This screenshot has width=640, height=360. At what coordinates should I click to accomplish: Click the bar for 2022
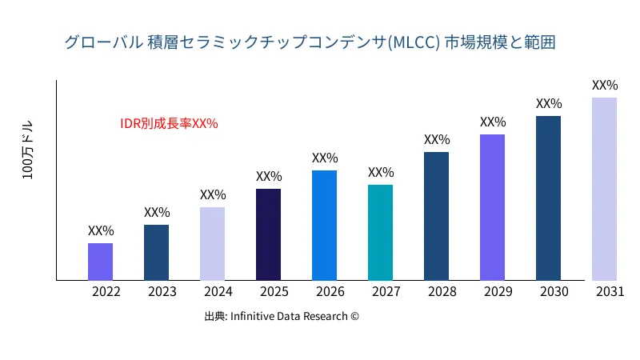[x=100, y=262]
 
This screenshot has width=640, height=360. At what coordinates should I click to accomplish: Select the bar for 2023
[x=156, y=252]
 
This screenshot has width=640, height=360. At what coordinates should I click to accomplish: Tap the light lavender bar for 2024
[x=212, y=243]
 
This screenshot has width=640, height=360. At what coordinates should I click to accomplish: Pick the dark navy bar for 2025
[x=268, y=234]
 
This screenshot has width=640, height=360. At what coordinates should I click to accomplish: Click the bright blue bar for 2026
[x=324, y=225]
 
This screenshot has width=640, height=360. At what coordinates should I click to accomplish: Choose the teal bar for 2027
[x=380, y=232]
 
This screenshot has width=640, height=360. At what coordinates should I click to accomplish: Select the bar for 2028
[x=436, y=216]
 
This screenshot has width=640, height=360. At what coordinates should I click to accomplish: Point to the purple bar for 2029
[x=492, y=207]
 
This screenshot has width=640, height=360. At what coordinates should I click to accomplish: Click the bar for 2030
[x=548, y=198]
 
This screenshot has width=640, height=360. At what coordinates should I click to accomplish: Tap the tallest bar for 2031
[x=604, y=189]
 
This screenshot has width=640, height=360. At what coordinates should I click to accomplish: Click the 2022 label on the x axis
[x=106, y=292]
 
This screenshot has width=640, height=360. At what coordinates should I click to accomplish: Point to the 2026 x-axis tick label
[x=330, y=292]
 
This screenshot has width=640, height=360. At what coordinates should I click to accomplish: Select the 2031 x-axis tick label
[x=610, y=292]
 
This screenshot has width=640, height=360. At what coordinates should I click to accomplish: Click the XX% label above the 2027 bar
[x=381, y=173]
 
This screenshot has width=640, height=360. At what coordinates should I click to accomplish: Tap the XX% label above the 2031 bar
[x=605, y=85]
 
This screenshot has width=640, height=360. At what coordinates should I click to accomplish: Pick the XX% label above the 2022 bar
[x=101, y=230]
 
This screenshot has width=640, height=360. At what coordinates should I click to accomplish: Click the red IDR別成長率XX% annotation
[x=169, y=123]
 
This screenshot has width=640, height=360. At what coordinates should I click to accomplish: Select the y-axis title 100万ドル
[x=29, y=151]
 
